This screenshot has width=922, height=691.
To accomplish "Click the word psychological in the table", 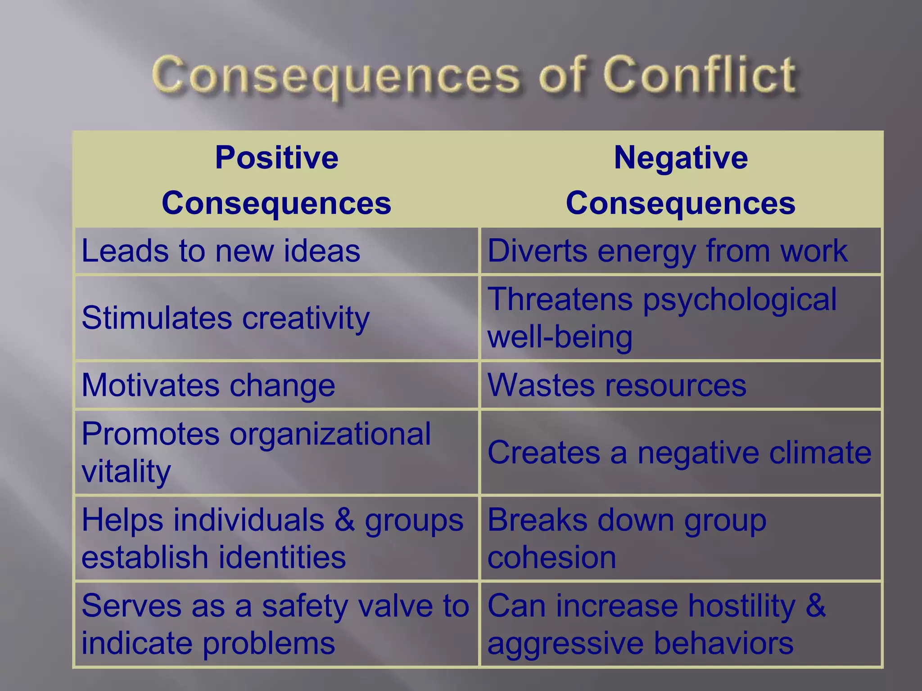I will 740,300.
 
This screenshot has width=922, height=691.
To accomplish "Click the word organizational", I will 330,434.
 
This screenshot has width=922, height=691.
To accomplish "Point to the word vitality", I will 126,471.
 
